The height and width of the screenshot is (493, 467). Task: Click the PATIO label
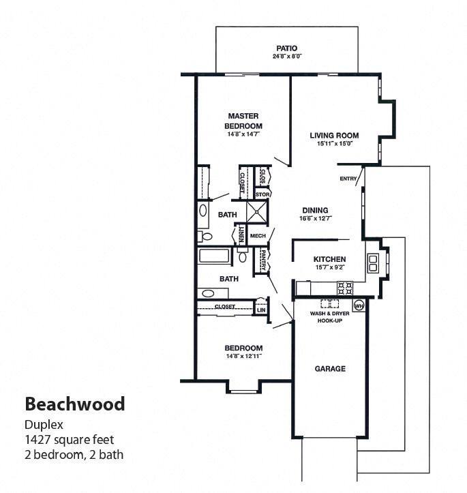tap(286, 48)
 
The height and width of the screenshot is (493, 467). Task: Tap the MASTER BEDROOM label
tap(244, 121)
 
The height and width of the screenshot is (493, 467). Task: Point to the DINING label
tap(315, 210)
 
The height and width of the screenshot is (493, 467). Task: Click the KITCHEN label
tap(329, 259)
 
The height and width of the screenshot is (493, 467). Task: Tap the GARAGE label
tap(329, 369)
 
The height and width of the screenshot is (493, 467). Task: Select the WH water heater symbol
tap(359, 306)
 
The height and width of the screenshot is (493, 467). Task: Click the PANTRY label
tap(262, 260)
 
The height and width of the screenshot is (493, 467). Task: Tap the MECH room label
tap(258, 236)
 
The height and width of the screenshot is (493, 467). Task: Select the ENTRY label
tap(348, 179)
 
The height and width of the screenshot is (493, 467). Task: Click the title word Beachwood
tap(75, 404)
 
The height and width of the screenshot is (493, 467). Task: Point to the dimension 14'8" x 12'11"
tap(243, 356)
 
